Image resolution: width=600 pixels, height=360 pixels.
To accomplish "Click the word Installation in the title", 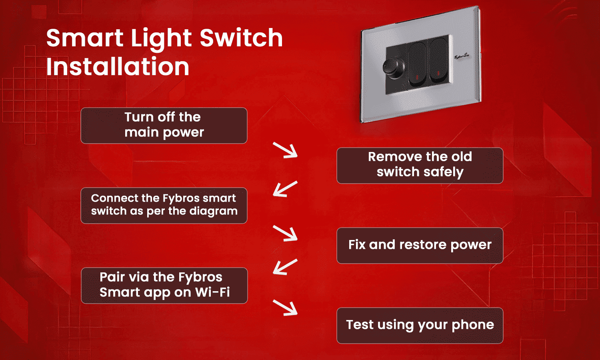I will point(117,67).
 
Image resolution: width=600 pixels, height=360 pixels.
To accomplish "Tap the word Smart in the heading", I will point(85,38).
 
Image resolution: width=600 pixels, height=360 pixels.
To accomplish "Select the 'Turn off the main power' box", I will point(164,125).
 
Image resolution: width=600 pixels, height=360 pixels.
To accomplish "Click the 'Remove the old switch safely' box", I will point(420,165).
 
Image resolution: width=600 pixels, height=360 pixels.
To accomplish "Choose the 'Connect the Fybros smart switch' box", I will point(164,205).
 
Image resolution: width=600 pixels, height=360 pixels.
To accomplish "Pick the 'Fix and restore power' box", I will point(420,245).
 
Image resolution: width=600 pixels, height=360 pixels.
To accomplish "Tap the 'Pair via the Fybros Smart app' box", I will point(164,285).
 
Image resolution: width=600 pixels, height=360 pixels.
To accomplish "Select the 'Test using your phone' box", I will point(420,325).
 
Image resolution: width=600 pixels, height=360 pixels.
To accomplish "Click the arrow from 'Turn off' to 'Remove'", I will point(286,150).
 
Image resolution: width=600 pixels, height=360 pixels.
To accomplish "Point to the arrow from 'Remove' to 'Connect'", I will point(285,189).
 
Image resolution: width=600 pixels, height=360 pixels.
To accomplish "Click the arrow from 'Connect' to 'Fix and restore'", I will point(286,233).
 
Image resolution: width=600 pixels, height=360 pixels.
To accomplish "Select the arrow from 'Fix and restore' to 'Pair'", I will point(285,267).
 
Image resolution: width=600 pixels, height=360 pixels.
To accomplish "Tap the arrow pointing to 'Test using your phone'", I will point(286,308).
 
